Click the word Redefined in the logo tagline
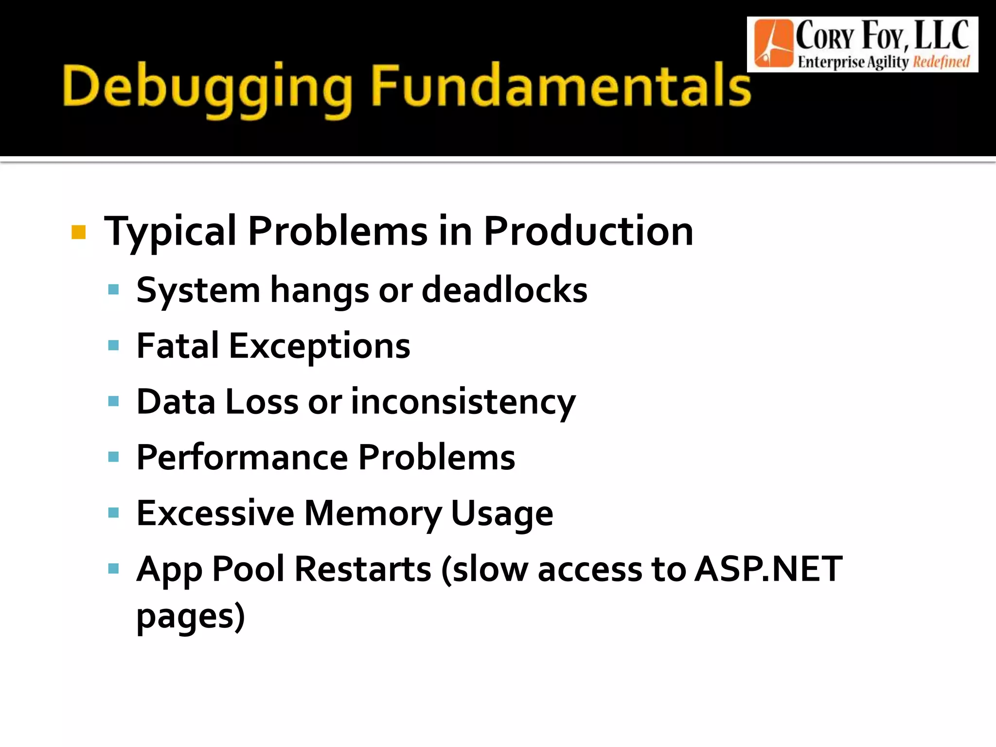[x=941, y=62]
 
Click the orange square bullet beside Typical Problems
[x=78, y=232]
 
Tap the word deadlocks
[x=504, y=290]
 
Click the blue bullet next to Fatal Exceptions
[x=114, y=346]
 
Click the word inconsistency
[x=463, y=403]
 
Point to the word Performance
[x=242, y=458]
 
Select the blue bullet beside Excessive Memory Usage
[x=114, y=513]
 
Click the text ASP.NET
[x=768, y=569]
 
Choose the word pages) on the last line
[x=190, y=617]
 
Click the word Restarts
[x=363, y=569]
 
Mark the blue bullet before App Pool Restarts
[x=114, y=569]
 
